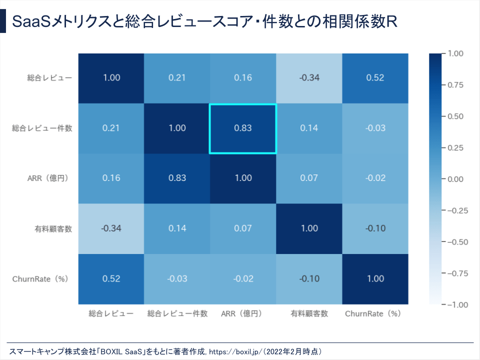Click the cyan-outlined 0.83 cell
[242, 128]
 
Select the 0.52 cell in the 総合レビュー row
[375, 77]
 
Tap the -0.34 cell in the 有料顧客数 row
[111, 228]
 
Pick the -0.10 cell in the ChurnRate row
[309, 279]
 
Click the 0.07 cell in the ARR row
[309, 178]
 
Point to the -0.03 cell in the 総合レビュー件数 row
[375, 128]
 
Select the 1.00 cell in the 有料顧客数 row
[309, 228]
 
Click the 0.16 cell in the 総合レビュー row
[242, 77]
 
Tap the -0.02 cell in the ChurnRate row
[242, 279]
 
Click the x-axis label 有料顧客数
[309, 314]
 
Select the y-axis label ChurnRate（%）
[40, 279]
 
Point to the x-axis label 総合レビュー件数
[177, 314]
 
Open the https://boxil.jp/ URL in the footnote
[234, 351]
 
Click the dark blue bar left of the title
[3, 21]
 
